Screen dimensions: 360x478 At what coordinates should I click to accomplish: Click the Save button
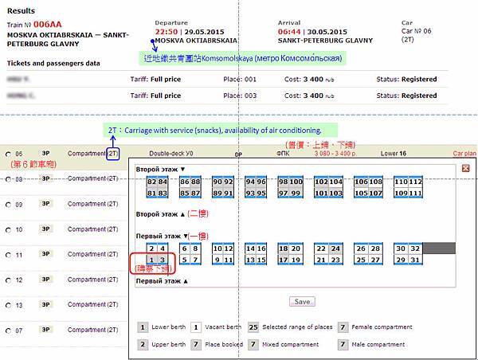tap(301, 302)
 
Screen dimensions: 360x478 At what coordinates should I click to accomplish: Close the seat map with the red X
tap(465, 168)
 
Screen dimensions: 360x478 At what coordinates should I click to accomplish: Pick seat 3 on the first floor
tap(163, 260)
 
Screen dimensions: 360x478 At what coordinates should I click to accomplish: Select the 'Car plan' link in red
tap(464, 153)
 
